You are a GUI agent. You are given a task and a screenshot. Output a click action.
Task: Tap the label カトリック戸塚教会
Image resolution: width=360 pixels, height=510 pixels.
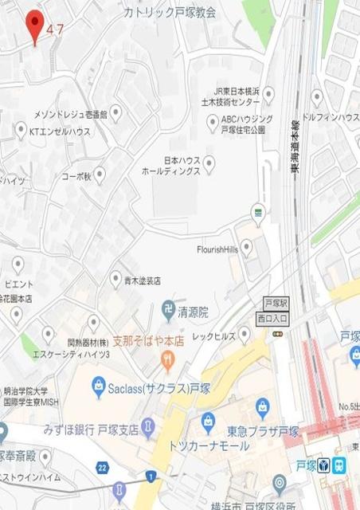[x=170, y=13]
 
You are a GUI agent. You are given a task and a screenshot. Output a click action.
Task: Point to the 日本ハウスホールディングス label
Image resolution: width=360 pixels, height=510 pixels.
[x=170, y=166]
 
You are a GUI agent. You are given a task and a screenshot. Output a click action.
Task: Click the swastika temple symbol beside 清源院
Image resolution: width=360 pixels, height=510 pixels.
[x=168, y=308]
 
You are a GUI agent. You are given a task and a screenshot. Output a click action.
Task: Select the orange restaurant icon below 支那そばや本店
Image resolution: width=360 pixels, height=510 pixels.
[x=166, y=360]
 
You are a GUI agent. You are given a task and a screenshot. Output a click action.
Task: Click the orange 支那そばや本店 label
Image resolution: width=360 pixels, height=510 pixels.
[x=159, y=339]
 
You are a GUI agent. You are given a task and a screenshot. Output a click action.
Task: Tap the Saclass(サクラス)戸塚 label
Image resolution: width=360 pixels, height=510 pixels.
[x=155, y=388]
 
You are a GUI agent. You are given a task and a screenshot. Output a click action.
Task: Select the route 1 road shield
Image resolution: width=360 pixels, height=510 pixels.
[x=149, y=477]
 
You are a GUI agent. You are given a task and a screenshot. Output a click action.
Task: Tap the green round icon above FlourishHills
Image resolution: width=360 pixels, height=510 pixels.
[x=256, y=211]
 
